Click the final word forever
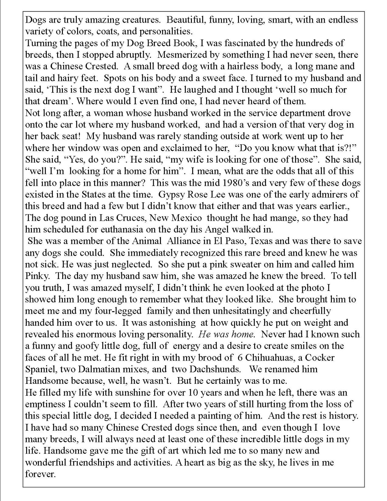click(40, 474)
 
